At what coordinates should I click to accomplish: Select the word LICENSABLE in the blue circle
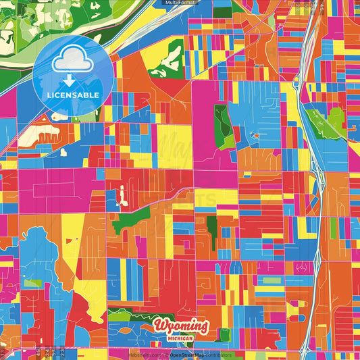click(x=72, y=95)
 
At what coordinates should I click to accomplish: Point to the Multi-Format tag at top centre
click(x=180, y=3)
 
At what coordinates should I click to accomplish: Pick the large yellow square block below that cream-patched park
click(x=174, y=145)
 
